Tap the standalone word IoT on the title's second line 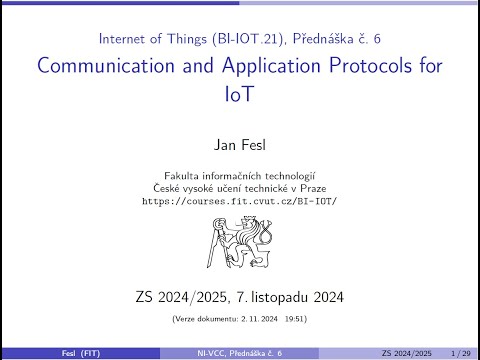tap(240, 96)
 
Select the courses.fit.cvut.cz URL tap(240, 201)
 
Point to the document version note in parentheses tap(240, 319)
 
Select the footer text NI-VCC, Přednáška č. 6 tap(240, 353)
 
